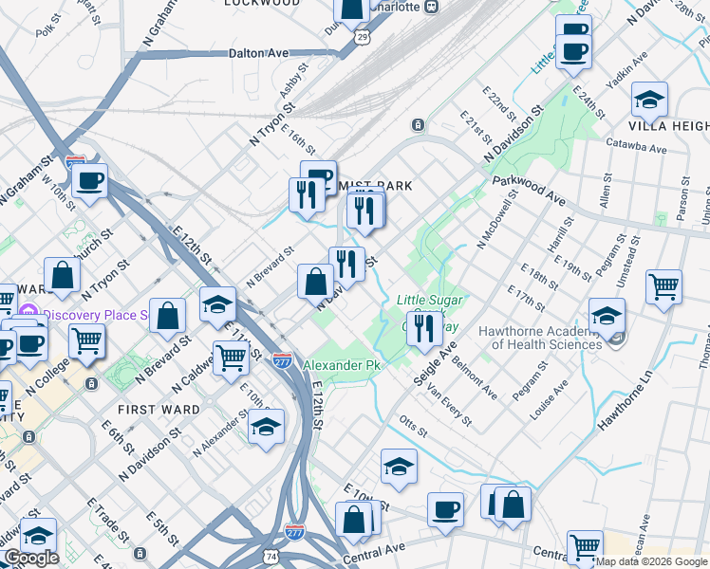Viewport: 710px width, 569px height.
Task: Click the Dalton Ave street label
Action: pos(258,54)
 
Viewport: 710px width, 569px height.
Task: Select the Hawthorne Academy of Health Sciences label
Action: pos(540,338)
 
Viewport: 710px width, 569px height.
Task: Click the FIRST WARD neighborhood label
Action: pos(159,410)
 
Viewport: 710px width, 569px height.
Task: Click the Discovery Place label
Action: pos(95,315)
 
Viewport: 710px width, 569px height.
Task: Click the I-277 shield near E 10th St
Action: pos(282,360)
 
